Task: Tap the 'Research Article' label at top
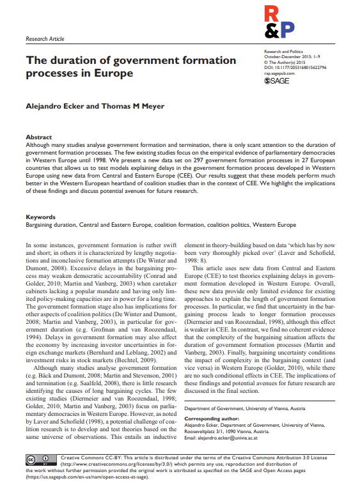click(x=45, y=39)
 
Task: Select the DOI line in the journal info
click(x=295, y=67)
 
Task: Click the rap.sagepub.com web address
click(x=281, y=73)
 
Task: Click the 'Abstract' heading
click(x=38, y=137)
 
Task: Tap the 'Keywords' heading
click(x=40, y=217)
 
